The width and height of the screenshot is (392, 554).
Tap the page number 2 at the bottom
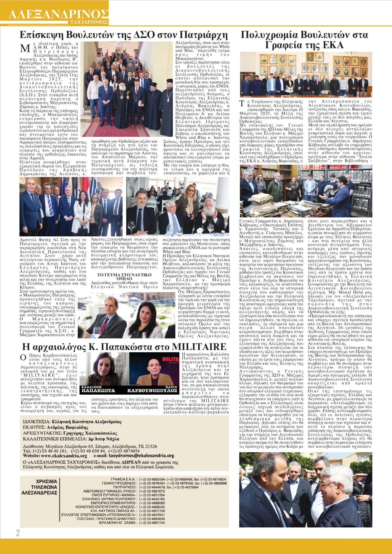(x=18, y=533)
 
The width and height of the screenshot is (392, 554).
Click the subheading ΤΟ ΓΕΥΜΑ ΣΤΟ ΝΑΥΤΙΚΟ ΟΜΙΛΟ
(x=124, y=277)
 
